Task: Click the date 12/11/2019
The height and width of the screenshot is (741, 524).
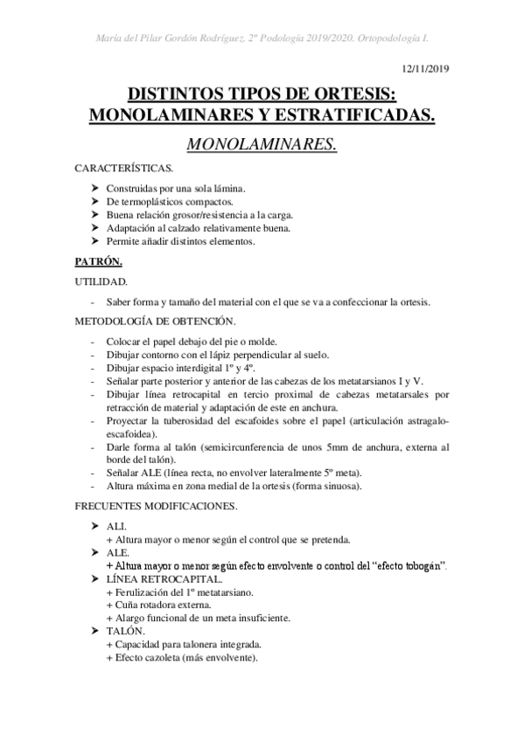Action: click(x=425, y=67)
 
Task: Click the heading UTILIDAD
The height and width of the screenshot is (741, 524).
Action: click(x=101, y=281)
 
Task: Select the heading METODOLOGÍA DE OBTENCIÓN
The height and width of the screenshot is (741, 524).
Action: click(x=156, y=322)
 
